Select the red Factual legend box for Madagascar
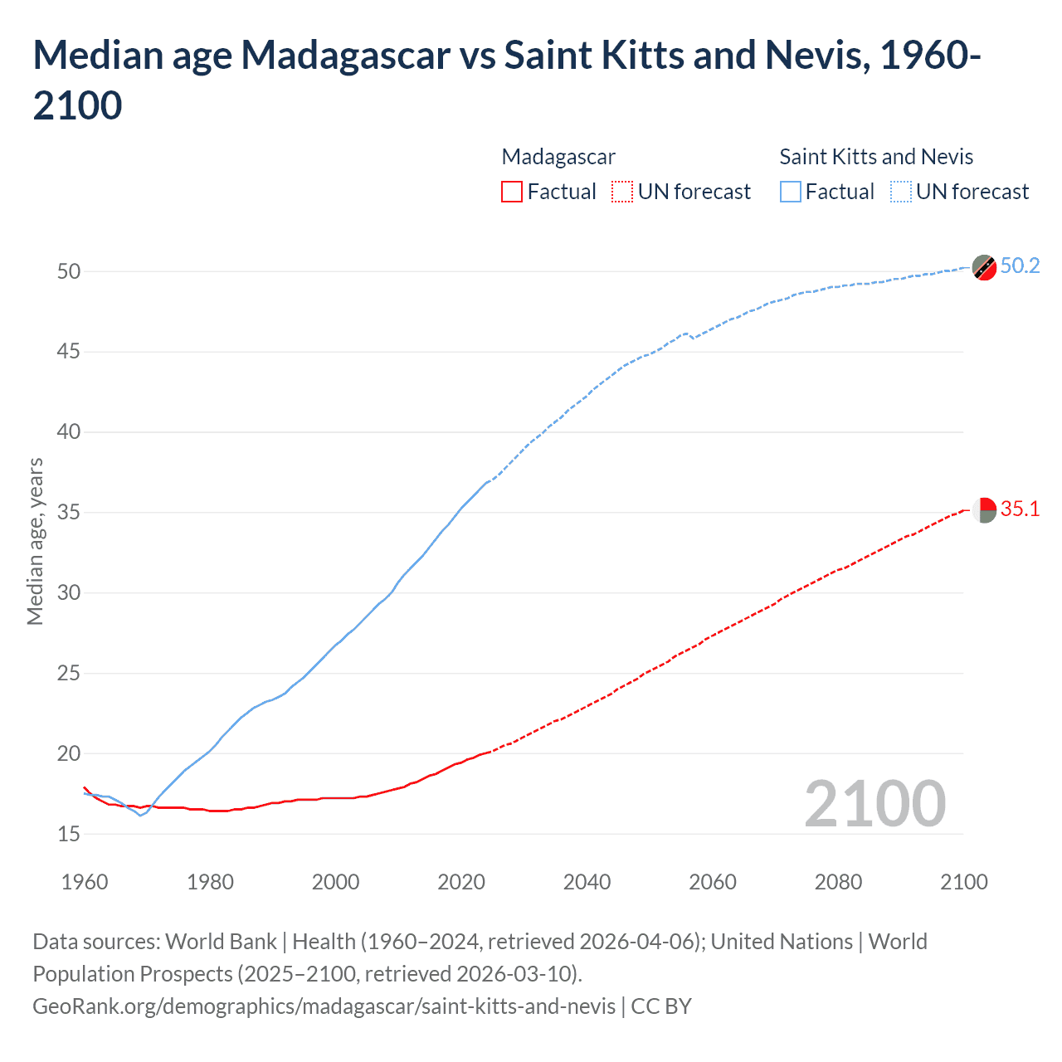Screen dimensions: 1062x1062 512,192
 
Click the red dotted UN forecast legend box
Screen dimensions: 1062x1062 622,192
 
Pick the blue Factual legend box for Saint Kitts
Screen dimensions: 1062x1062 790,192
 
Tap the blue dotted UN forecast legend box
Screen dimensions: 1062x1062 900,192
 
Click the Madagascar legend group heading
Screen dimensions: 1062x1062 558,157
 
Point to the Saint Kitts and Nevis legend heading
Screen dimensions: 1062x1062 876,157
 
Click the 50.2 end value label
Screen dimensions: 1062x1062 1020,265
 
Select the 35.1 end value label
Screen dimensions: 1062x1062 1020,509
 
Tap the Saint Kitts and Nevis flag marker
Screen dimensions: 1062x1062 984,268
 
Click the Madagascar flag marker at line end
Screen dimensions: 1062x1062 984,510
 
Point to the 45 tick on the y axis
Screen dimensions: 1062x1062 69,352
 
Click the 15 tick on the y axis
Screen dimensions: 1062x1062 69,834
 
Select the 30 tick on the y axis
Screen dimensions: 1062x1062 69,592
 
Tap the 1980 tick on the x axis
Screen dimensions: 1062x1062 210,882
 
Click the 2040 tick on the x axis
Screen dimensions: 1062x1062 587,882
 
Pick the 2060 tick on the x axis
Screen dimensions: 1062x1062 713,882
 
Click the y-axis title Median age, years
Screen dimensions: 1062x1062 35,541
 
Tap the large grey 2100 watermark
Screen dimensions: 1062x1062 874,804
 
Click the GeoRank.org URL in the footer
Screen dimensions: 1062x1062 324,1006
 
